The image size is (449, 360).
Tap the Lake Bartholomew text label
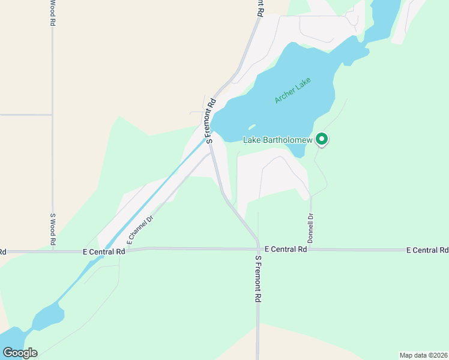coord(278,140)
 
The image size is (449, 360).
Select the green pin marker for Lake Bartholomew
coord(322,139)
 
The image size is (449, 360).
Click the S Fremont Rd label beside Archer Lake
coord(211,120)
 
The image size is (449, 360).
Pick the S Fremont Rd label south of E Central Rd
coord(258,279)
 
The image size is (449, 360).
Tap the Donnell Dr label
coord(311,225)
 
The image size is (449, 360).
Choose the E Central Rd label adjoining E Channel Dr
coord(103,252)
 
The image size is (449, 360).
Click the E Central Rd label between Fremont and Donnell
coord(285,248)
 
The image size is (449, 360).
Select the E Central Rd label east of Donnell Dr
coord(427,250)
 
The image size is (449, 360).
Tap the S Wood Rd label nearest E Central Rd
coord(53,229)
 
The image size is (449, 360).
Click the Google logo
coord(20,353)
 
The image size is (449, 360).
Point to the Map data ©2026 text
coord(423,355)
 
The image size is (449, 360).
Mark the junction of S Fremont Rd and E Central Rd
coord(258,248)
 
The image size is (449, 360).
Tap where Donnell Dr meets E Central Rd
coord(311,249)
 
